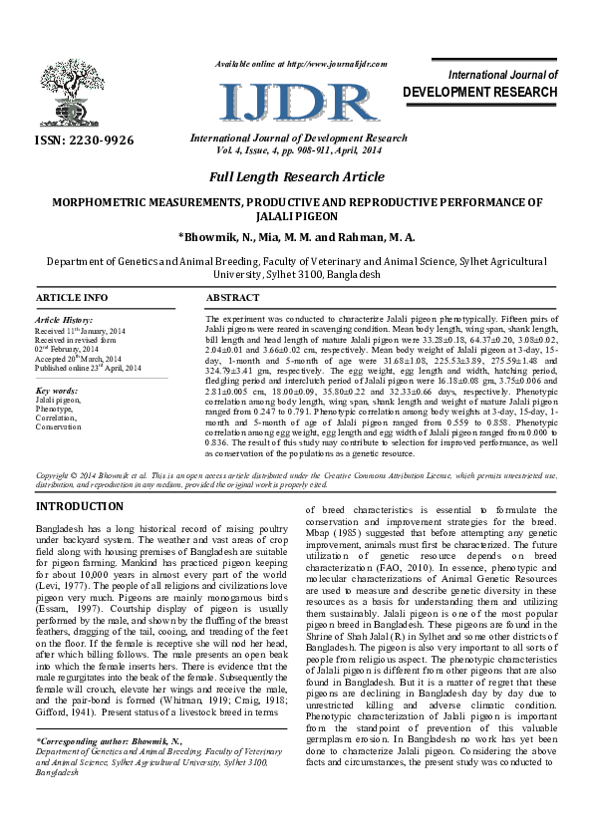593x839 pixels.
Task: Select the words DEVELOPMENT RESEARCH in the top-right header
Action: (x=481, y=93)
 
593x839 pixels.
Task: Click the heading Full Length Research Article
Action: (x=297, y=177)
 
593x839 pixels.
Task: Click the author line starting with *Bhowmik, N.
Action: (x=297, y=237)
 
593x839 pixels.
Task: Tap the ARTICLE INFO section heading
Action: (x=72, y=298)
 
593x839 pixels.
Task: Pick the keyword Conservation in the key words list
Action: (x=59, y=426)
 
